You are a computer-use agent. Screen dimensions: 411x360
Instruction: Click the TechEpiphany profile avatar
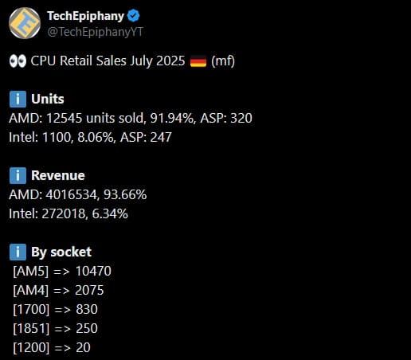coord(25,23)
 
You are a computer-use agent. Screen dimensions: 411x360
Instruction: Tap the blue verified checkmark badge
coord(134,16)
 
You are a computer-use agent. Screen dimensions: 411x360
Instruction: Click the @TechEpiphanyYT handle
coord(96,32)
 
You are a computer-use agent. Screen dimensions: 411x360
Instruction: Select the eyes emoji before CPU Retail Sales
coord(18,61)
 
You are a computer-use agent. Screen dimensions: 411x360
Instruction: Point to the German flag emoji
coord(198,61)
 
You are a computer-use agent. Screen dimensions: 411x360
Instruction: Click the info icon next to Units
coord(18,99)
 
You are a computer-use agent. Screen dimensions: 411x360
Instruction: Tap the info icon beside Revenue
coord(18,175)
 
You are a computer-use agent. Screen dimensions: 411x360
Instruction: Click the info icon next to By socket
coord(18,252)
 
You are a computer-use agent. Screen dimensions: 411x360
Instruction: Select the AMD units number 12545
coord(64,118)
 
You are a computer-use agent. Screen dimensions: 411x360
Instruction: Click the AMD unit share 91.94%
coord(172,118)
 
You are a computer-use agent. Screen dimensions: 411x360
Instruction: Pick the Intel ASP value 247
coord(161,137)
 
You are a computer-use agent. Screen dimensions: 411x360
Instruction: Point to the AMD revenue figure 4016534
coord(72,194)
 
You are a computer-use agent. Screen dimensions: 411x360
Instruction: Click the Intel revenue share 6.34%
coord(110,213)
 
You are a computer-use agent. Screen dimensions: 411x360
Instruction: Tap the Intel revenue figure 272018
coord(64,213)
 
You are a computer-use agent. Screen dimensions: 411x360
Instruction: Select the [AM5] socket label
coord(31,272)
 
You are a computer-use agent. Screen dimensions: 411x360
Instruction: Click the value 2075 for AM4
coord(89,290)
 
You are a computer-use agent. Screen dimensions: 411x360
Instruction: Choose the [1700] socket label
coord(31,310)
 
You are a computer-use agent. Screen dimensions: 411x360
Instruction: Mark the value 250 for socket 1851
coord(87,328)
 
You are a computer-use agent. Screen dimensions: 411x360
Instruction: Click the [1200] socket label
coord(31,348)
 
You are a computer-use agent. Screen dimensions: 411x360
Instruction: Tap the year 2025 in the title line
coord(170,61)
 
